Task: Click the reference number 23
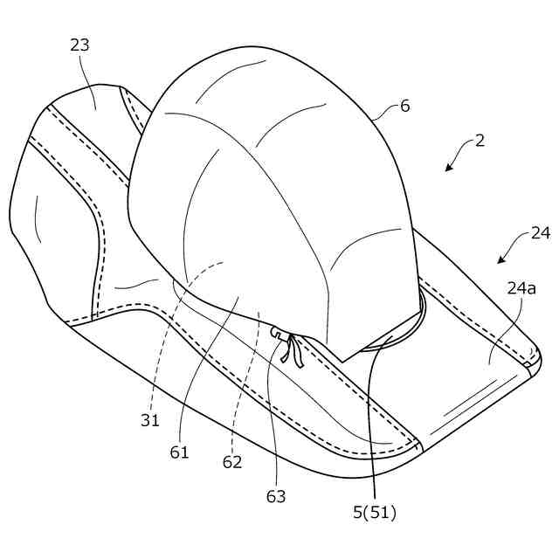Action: (x=79, y=45)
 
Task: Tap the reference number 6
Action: (x=404, y=106)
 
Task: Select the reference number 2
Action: (x=480, y=140)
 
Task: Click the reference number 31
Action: (x=150, y=420)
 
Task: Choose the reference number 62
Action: (x=231, y=463)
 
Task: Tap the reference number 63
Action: (x=275, y=496)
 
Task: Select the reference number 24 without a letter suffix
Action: (x=541, y=233)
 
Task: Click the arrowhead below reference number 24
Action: (x=501, y=260)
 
